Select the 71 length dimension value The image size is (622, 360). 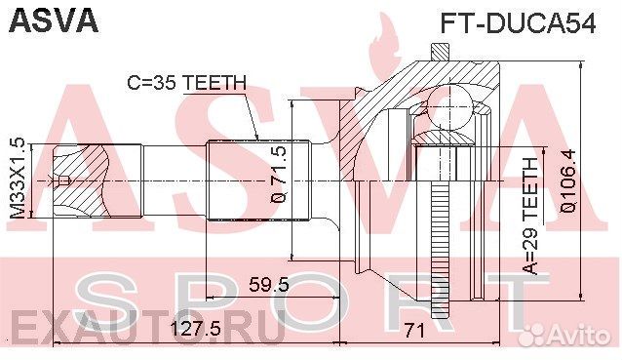[414, 330]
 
